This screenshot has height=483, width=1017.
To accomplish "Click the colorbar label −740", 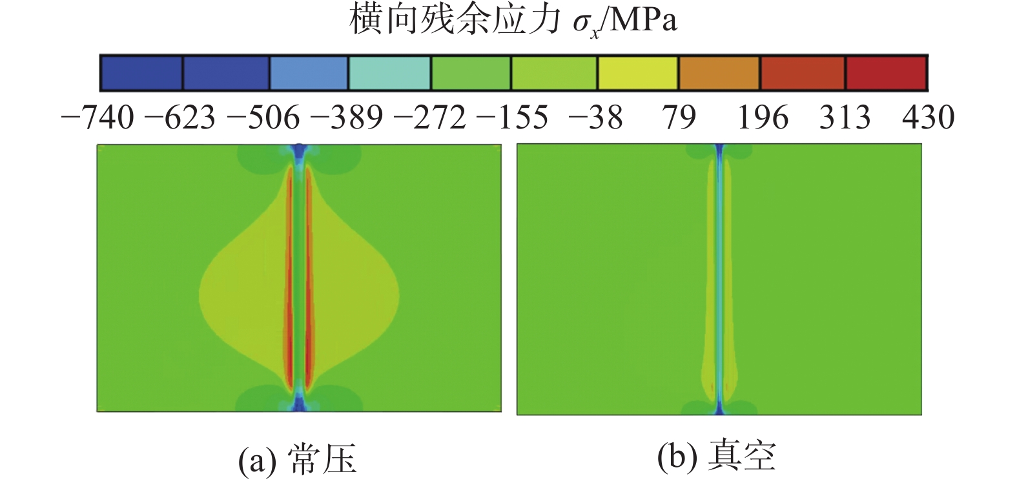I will coord(98,118).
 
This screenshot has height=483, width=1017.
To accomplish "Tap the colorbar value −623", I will coord(180,118).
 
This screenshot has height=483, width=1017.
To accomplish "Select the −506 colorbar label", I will coord(264,118).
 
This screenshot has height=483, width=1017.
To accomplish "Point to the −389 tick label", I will coord(347,118).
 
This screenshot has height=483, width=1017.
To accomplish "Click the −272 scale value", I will coord(429,118).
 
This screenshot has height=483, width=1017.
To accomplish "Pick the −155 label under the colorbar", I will coord(512,118).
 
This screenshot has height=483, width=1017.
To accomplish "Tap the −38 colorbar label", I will coord(595,118).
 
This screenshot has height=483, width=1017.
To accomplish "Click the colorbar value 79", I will coord(679,118).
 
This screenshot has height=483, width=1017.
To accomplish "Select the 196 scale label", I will coord(763,118).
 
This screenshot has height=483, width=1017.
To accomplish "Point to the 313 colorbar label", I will coord(845,118).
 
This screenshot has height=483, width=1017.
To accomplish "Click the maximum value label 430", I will coord(928,118).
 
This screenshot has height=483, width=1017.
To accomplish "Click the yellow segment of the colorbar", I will coord(637,73).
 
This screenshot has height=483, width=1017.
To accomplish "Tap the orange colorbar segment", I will coord(719,73).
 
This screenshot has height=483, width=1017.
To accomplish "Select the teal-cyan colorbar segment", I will coord(389,73).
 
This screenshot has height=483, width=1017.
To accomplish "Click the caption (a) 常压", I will coord(297,459).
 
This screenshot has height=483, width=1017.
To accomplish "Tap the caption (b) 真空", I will coord(716,457).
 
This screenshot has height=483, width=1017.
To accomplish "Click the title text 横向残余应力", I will coord(455,19).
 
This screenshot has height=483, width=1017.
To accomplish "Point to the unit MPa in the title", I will coord(643,21).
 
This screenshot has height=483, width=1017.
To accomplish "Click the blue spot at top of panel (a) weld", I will coord(298,152).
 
